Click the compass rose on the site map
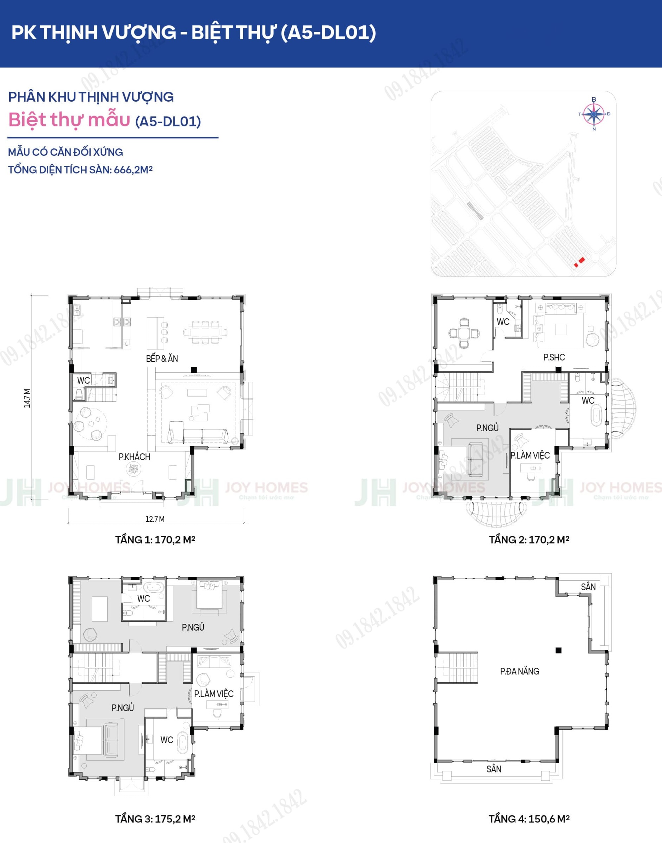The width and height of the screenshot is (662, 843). coord(594,114)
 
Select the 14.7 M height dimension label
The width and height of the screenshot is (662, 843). coord(27,398)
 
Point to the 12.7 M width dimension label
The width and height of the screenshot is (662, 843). coord(155,519)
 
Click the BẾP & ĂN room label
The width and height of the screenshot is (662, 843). coord(162,359)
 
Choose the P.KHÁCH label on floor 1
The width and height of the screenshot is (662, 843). coord(134,457)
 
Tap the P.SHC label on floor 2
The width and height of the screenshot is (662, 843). coord(554,357)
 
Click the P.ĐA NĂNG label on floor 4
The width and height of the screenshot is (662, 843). coord(519,671)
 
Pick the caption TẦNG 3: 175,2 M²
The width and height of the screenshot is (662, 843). coord(155,819)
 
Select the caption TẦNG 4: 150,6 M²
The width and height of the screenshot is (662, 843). coord(529,819)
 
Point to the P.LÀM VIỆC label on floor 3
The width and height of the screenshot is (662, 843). coord(213,694)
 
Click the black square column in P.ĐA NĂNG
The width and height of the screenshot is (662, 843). coord(558,650)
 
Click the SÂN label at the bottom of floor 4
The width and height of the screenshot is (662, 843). coord(494,769)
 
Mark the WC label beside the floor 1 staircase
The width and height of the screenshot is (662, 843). coord(84,380)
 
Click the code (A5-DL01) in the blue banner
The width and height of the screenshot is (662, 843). coord(328,32)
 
